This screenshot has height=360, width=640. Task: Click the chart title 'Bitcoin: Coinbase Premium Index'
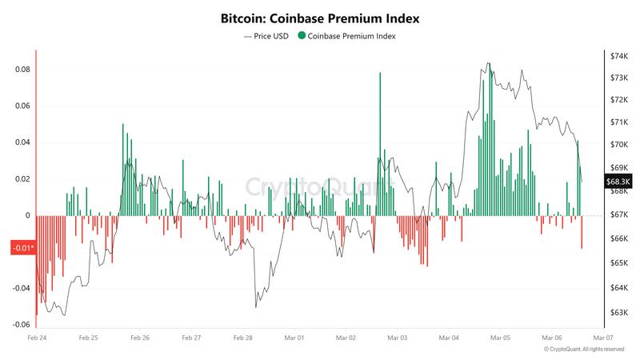319,17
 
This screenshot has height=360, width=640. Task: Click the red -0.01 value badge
22,248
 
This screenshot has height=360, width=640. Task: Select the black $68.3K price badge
618,182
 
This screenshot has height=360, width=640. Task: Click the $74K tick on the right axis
620,56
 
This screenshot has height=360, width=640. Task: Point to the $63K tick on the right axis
620,313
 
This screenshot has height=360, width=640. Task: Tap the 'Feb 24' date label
36,338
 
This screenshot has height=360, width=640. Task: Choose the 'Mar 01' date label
294,338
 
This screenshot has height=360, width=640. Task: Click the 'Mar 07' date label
604,338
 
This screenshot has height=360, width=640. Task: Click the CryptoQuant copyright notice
583,350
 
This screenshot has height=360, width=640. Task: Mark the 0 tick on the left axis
27,215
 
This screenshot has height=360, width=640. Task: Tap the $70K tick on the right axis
620,145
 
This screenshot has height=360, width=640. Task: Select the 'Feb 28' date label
242,338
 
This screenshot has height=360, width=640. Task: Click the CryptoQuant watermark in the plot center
318,188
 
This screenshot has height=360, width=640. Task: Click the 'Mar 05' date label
501,338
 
